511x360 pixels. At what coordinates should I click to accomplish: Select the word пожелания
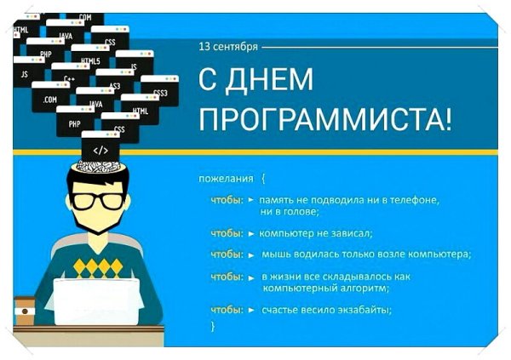(226, 179)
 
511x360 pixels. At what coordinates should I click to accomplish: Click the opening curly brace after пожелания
(263, 179)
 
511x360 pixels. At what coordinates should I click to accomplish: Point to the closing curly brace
(213, 326)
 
